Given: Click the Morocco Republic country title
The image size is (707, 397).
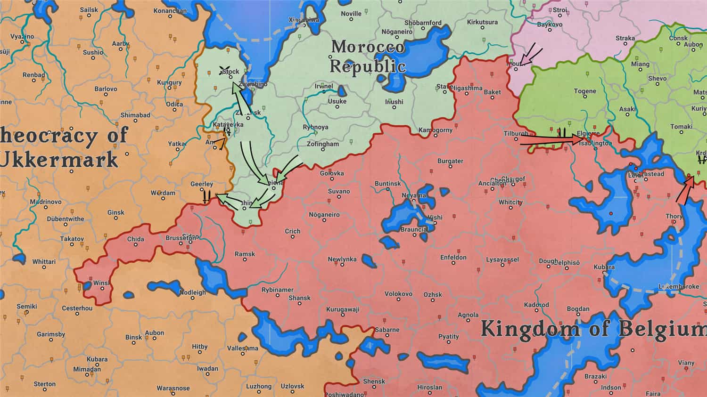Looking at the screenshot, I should click(x=368, y=56).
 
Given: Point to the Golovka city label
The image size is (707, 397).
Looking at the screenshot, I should click(x=332, y=173).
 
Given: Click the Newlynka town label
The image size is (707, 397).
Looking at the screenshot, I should click(x=342, y=259).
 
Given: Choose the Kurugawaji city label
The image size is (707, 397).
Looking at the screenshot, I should click(x=343, y=309).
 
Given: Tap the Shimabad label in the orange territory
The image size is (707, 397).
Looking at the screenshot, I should click(x=135, y=115).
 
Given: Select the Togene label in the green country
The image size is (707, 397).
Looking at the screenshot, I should click(x=585, y=91).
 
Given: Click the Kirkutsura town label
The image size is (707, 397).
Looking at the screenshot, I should click(x=482, y=22).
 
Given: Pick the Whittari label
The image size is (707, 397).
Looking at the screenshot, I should click(x=44, y=262).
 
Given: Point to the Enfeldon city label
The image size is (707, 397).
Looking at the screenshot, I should click(x=453, y=258).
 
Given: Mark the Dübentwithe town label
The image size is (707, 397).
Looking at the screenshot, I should click(x=66, y=219).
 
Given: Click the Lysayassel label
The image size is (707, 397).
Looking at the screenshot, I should click(x=502, y=259).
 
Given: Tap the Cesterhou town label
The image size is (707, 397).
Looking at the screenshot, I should click(x=77, y=308).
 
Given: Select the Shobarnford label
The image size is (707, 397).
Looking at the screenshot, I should click(x=423, y=23).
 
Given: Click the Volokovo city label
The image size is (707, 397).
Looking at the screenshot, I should click(x=398, y=294).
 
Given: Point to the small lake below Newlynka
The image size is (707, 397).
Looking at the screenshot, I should click(x=369, y=261).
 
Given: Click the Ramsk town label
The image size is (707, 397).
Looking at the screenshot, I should click(x=245, y=254).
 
